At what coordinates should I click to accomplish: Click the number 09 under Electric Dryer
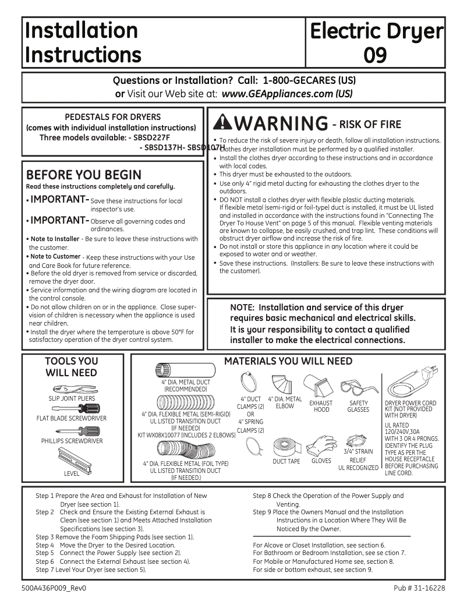(x=376, y=55)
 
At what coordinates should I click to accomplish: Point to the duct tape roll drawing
(x=285, y=446)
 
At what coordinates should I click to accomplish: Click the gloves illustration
(x=321, y=445)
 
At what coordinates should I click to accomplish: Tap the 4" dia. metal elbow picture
(x=285, y=384)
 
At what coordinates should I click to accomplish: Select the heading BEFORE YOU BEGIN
(x=83, y=175)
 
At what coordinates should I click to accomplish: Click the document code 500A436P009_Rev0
(x=56, y=588)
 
